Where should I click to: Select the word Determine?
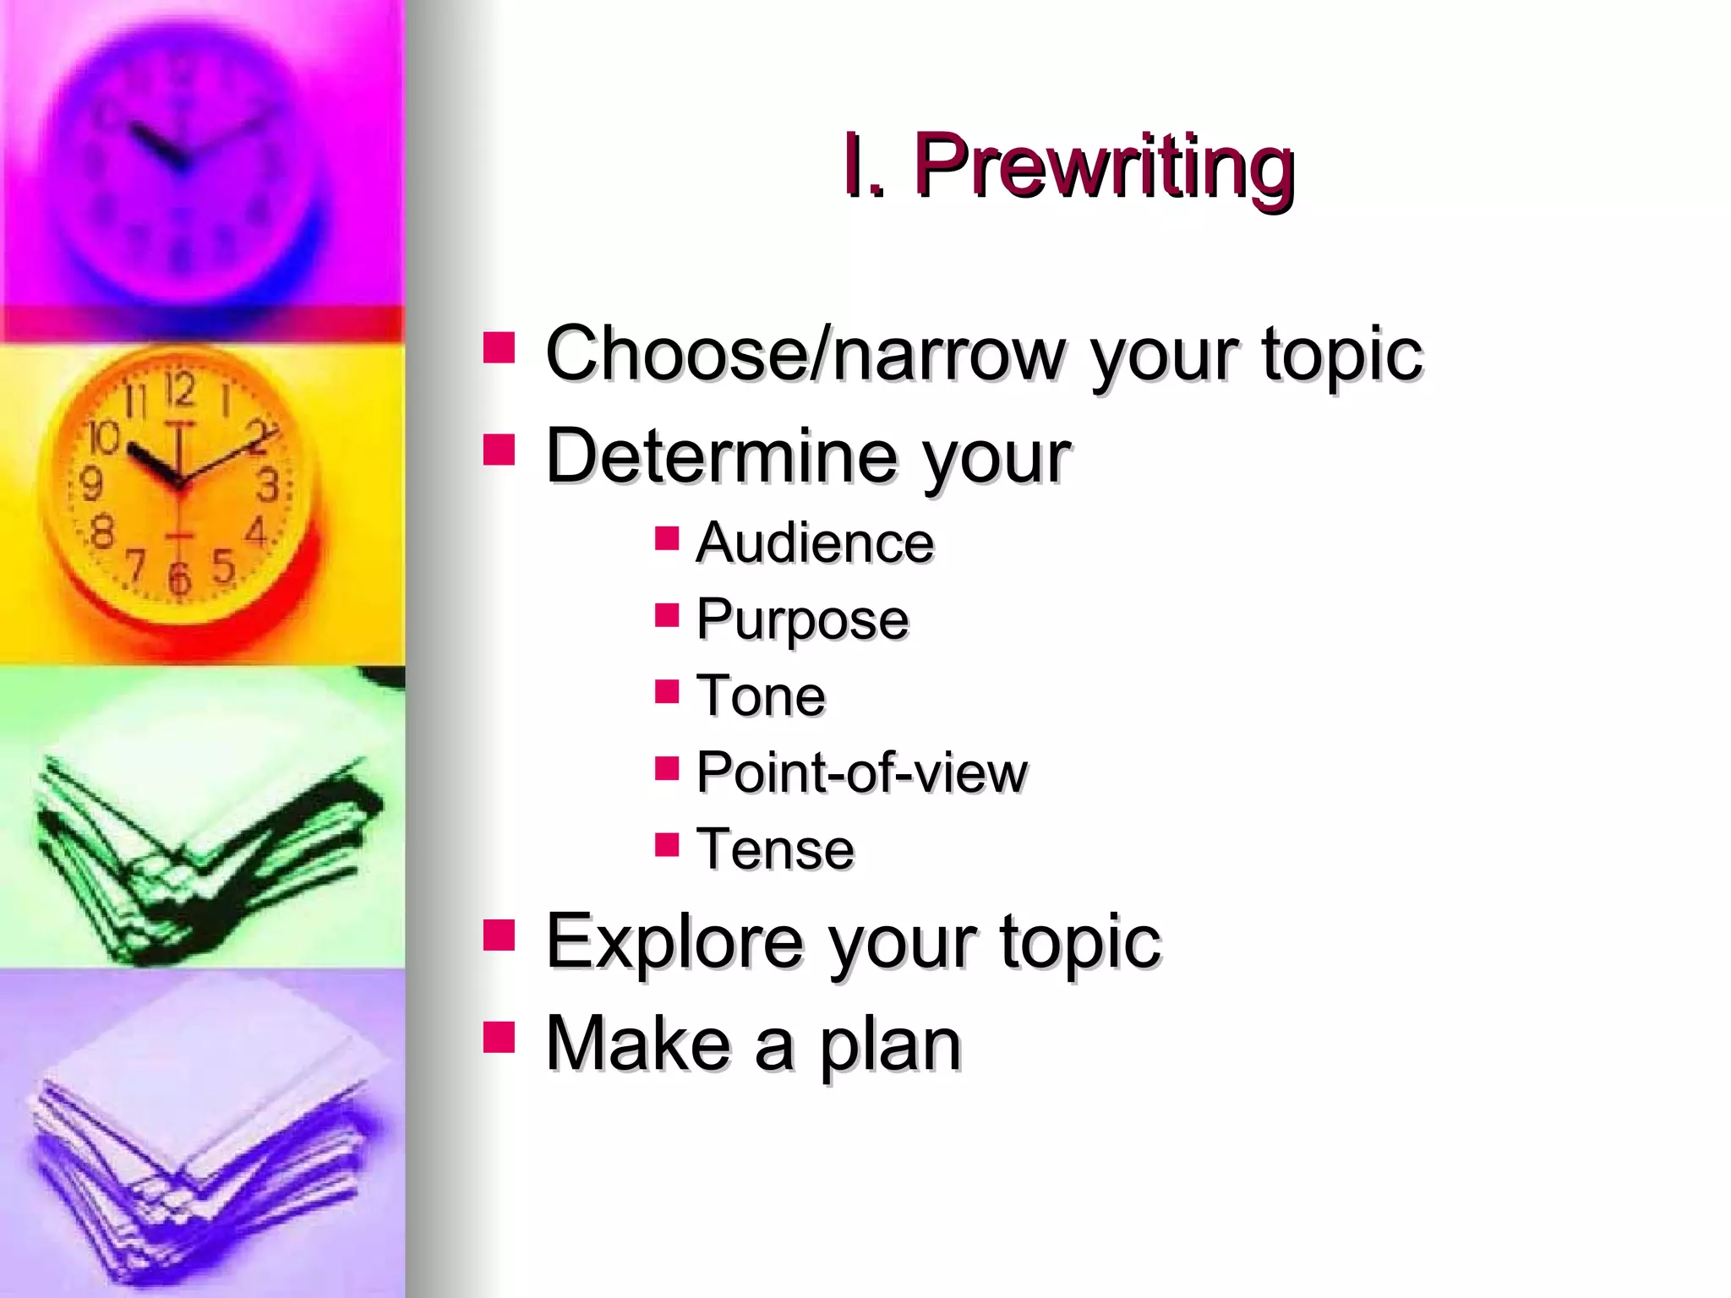[721, 457]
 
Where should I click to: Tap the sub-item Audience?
[815, 543]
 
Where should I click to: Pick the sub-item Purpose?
[802, 620]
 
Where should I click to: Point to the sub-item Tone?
[761, 696]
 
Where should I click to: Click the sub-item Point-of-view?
[861, 773]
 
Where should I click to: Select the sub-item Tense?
[775, 849]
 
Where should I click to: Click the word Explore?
[674, 941]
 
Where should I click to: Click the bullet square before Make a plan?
[499, 1037]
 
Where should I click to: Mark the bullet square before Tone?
[667, 691]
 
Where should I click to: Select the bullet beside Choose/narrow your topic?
[499, 346]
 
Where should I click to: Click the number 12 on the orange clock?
[179, 390]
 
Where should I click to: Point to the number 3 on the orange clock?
[268, 486]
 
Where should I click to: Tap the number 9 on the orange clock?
[91, 484]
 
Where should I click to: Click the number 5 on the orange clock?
[223, 564]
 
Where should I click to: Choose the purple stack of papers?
[203, 1141]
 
